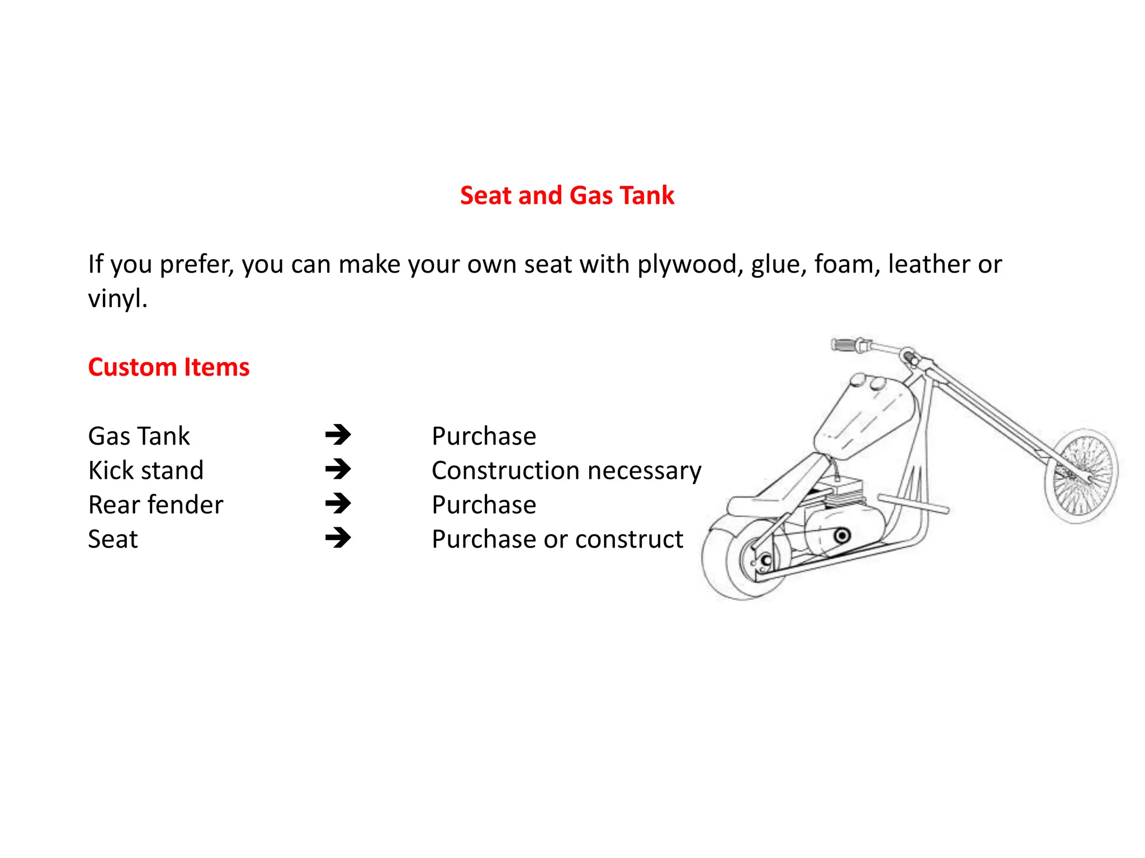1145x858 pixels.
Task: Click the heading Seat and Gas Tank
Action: click(x=567, y=196)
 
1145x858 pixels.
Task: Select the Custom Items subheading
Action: click(x=168, y=368)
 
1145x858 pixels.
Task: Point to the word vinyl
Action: click(x=117, y=299)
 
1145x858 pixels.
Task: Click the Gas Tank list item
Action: click(x=139, y=436)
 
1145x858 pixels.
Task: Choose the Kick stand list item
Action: click(x=145, y=471)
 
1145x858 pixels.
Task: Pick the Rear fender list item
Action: click(x=155, y=505)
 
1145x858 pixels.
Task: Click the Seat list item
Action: click(x=113, y=540)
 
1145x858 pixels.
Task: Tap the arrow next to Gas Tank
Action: click(x=338, y=435)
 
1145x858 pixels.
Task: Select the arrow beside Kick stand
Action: click(x=338, y=469)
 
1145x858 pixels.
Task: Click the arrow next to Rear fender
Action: click(x=338, y=504)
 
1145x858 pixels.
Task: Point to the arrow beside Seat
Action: click(x=338, y=538)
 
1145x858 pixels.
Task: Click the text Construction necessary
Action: click(x=566, y=471)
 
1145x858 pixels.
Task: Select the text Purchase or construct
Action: click(x=557, y=540)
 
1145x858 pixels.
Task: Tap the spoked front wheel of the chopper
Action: click(x=1081, y=476)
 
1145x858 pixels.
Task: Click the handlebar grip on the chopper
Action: click(x=844, y=345)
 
